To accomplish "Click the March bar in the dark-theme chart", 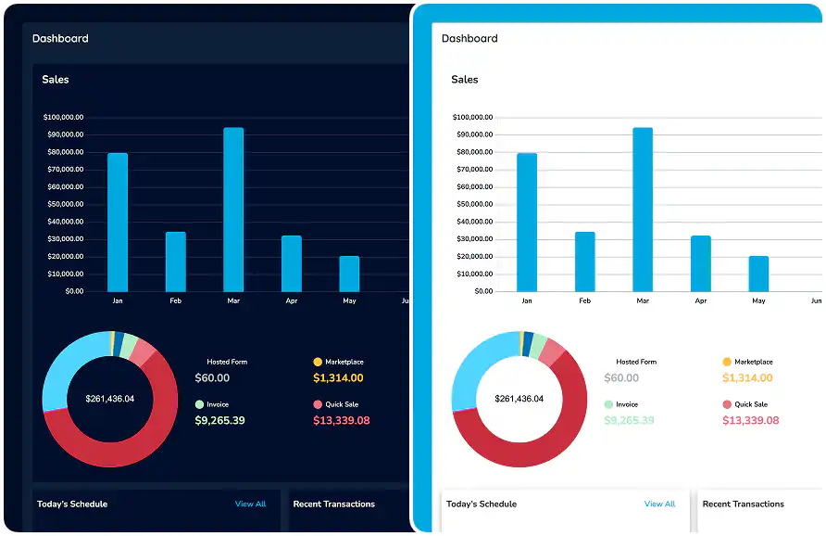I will tap(233, 210).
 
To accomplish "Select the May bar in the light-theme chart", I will tap(758, 274).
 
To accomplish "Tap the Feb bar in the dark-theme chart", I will tap(176, 262).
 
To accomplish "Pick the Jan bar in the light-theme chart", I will tap(526, 223).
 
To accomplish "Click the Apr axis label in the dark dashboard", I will tap(292, 301).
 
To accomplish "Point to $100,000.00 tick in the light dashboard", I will tap(472, 118).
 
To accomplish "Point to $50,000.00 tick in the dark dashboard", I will tap(64, 204).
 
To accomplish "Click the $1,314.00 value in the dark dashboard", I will tap(338, 378).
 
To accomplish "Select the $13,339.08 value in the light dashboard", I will tap(751, 421).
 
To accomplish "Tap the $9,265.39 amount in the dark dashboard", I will tap(219, 421).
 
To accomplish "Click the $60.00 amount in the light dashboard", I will tap(621, 378).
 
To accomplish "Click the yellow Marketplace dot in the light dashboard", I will tap(727, 362).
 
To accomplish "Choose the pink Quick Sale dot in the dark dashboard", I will tap(318, 404).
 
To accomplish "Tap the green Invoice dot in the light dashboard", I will tap(608, 404).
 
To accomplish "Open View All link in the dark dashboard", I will tap(250, 504).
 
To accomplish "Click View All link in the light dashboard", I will tap(659, 504).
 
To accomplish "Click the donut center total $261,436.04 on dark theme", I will tap(109, 399).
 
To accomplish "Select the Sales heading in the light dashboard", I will tap(465, 80).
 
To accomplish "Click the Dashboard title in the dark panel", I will tap(60, 39).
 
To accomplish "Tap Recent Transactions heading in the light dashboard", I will tap(743, 504).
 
